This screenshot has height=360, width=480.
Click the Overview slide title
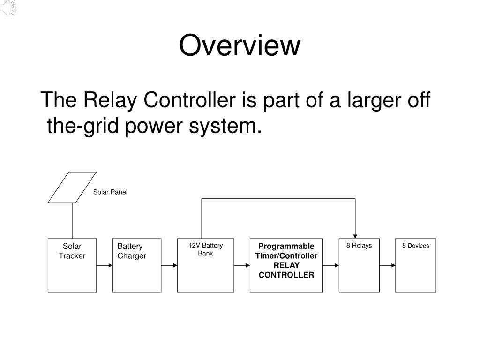click(x=240, y=45)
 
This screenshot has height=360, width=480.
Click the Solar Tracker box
click(x=72, y=265)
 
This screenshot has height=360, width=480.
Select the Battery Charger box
click(x=137, y=265)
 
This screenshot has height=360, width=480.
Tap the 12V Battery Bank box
click(x=205, y=265)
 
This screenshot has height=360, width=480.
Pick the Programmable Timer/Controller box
click(x=286, y=265)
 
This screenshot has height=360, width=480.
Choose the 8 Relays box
click(x=359, y=265)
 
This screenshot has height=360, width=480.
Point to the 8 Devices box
click(x=416, y=265)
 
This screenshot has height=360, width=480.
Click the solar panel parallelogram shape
click(x=72, y=187)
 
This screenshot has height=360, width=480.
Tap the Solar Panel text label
click(x=110, y=192)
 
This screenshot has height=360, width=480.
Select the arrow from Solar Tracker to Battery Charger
click(x=105, y=265)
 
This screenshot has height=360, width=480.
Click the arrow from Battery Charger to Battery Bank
click(x=169, y=265)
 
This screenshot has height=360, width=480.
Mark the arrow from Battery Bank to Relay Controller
click(x=242, y=265)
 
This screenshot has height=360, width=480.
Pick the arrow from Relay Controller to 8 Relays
click(x=331, y=265)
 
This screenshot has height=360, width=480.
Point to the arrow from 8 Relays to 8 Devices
click(x=388, y=265)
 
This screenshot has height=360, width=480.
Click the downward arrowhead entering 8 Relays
click(x=355, y=236)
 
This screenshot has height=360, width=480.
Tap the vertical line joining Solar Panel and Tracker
click(x=72, y=221)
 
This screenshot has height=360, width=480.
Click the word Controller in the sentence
click(x=189, y=100)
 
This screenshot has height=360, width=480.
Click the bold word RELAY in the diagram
click(x=286, y=265)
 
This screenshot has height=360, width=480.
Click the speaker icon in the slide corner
click(x=8, y=7)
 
